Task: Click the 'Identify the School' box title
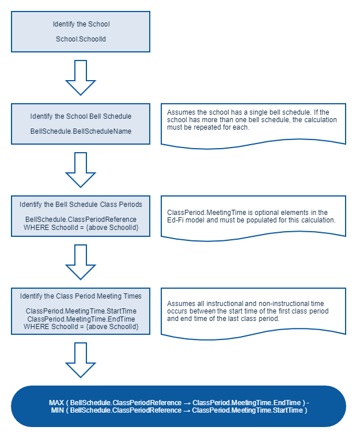(x=81, y=24)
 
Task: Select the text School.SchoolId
(x=81, y=39)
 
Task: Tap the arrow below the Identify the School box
(x=81, y=78)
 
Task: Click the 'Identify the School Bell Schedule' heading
(x=81, y=116)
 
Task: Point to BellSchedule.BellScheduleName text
(x=81, y=131)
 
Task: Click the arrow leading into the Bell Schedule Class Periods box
(x=81, y=170)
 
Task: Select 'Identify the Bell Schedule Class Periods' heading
(x=81, y=205)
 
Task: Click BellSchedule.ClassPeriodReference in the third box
(x=81, y=219)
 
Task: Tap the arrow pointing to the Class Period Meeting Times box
(x=81, y=262)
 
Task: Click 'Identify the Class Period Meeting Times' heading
(x=81, y=296)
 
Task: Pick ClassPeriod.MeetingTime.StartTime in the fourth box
(x=81, y=311)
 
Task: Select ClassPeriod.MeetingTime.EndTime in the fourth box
(x=81, y=319)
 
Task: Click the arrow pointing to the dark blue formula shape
(x=81, y=360)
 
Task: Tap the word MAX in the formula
(x=56, y=403)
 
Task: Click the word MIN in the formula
(x=58, y=410)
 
